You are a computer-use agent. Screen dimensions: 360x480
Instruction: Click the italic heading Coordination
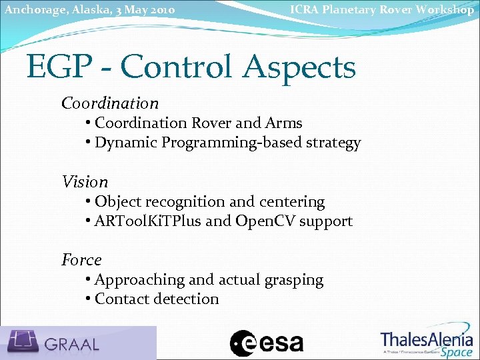[x=110, y=103]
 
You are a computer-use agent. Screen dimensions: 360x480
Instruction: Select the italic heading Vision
[x=85, y=182]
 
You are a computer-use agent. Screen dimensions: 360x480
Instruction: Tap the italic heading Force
[x=81, y=260]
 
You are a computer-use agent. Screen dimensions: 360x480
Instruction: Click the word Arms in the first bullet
[x=283, y=123]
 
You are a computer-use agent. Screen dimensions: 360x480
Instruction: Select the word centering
[x=294, y=201]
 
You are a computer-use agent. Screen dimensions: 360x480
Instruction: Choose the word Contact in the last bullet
[x=122, y=299]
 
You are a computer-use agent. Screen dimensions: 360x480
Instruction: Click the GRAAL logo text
[x=72, y=344]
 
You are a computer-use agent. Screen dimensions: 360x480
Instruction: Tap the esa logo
[x=267, y=343]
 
